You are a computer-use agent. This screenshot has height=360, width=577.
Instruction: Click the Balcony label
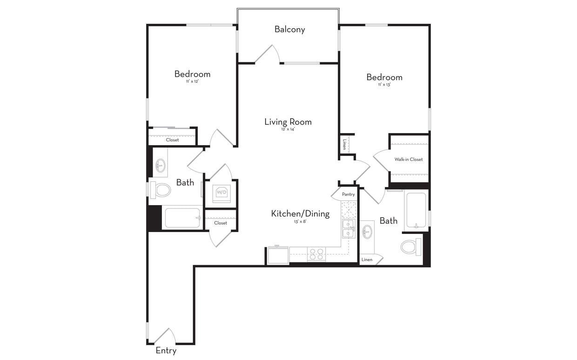(289, 29)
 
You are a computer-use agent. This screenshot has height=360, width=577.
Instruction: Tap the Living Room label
(288, 122)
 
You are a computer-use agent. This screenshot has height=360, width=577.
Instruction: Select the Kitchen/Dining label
(300, 214)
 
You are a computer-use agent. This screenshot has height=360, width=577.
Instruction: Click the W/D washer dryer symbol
(221, 192)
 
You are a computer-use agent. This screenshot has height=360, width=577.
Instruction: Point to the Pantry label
(348, 194)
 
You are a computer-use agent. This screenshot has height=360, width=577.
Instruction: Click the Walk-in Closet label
(409, 160)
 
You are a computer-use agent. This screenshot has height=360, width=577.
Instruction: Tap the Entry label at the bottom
(166, 351)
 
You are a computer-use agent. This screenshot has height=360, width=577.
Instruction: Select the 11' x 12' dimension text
(192, 82)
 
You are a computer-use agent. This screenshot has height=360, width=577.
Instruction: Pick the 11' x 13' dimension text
(384, 85)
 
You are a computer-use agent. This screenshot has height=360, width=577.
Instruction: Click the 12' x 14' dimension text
(288, 129)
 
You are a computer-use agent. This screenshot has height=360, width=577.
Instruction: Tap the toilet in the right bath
(410, 247)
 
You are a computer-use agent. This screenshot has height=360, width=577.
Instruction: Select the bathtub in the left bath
(182, 218)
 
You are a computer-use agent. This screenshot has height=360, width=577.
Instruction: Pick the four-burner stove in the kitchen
(316, 254)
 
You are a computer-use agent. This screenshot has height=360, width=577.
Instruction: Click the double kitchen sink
(348, 229)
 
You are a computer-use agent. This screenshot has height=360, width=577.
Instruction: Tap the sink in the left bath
(160, 165)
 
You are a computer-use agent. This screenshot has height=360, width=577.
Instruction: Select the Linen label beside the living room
(345, 144)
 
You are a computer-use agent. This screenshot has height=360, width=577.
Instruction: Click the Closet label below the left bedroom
(172, 140)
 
